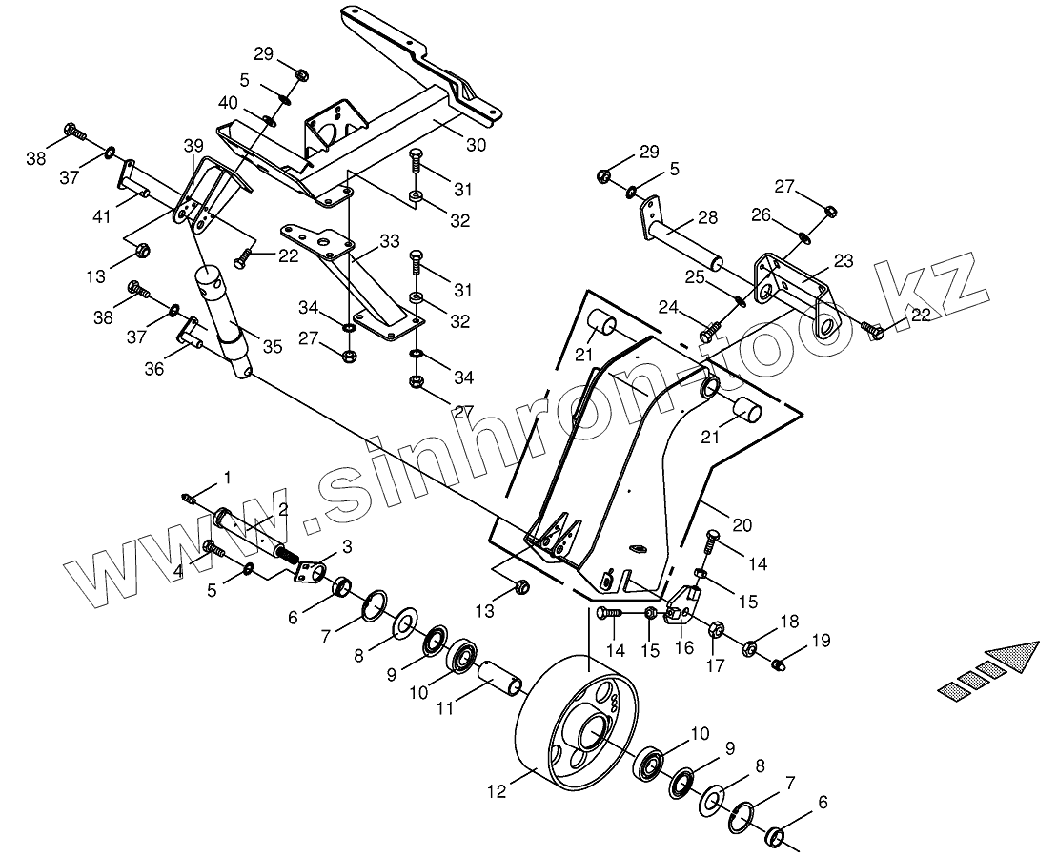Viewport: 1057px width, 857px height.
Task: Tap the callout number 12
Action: (x=495, y=791)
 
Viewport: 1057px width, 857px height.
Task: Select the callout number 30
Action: (x=477, y=145)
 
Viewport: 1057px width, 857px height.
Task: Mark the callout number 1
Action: (x=226, y=476)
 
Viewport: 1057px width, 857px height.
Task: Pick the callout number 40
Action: (x=230, y=102)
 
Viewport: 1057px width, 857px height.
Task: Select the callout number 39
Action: (x=193, y=145)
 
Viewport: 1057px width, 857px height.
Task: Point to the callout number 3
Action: (x=346, y=546)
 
